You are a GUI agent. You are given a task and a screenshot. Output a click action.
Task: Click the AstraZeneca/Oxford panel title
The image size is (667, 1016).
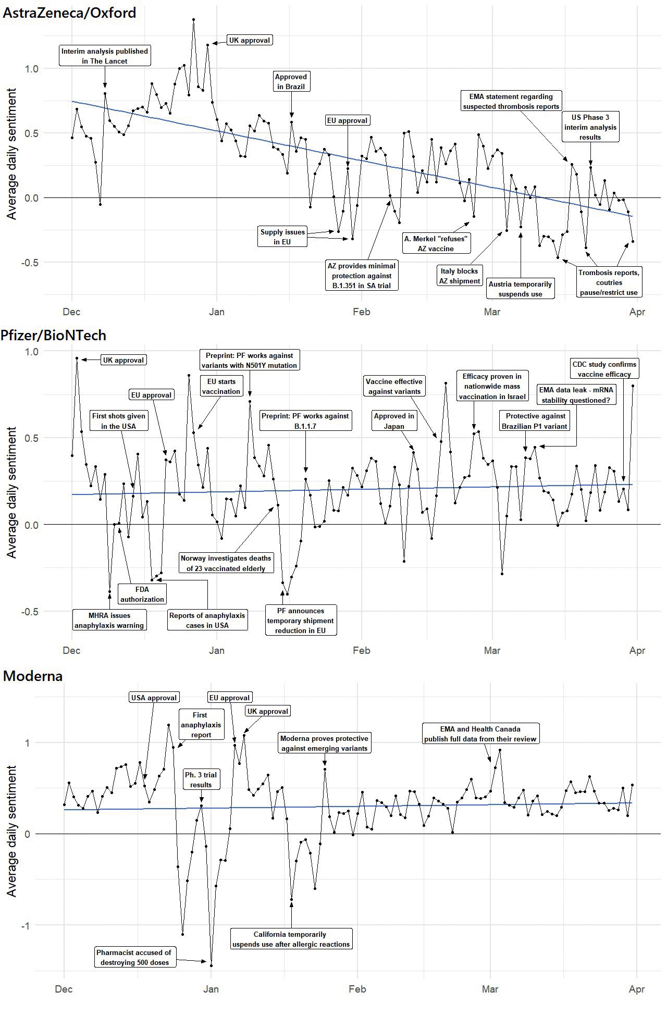click(70, 13)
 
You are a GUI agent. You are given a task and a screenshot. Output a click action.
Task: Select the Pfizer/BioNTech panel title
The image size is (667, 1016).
click(61, 335)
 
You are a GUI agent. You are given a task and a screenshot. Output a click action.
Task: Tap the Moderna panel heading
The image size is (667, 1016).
click(33, 676)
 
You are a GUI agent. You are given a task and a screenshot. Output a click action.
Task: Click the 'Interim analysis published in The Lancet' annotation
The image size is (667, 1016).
click(105, 56)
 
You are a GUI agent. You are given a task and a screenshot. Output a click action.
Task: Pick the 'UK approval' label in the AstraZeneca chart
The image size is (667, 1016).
click(250, 40)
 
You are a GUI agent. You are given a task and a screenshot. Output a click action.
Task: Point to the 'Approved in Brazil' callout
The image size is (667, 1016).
click(291, 81)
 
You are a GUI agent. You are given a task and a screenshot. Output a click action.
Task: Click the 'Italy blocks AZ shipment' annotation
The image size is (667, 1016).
click(460, 276)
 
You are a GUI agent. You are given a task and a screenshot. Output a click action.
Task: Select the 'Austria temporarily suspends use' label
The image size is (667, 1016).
click(520, 289)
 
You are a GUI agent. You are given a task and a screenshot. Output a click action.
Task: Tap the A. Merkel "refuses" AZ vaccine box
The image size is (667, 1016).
click(436, 243)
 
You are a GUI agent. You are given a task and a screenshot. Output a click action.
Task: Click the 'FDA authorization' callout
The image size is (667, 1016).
click(142, 594)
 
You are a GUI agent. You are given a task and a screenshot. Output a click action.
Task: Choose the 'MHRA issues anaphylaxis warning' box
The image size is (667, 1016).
click(109, 621)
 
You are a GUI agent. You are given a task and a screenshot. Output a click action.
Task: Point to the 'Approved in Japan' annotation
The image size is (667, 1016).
click(394, 421)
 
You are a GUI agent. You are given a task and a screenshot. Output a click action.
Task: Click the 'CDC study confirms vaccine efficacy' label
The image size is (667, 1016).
click(604, 369)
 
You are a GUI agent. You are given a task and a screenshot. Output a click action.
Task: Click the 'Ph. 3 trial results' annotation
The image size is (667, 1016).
click(201, 780)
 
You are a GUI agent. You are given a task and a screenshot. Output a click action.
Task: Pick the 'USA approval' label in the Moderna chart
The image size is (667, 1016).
click(154, 698)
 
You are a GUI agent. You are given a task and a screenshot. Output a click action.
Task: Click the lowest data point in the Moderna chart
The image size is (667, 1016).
click(211, 965)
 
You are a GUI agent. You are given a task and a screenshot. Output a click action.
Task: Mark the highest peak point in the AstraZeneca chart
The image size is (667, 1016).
click(193, 20)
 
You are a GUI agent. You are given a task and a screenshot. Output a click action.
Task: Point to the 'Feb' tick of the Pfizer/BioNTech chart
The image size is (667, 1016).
click(361, 650)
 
